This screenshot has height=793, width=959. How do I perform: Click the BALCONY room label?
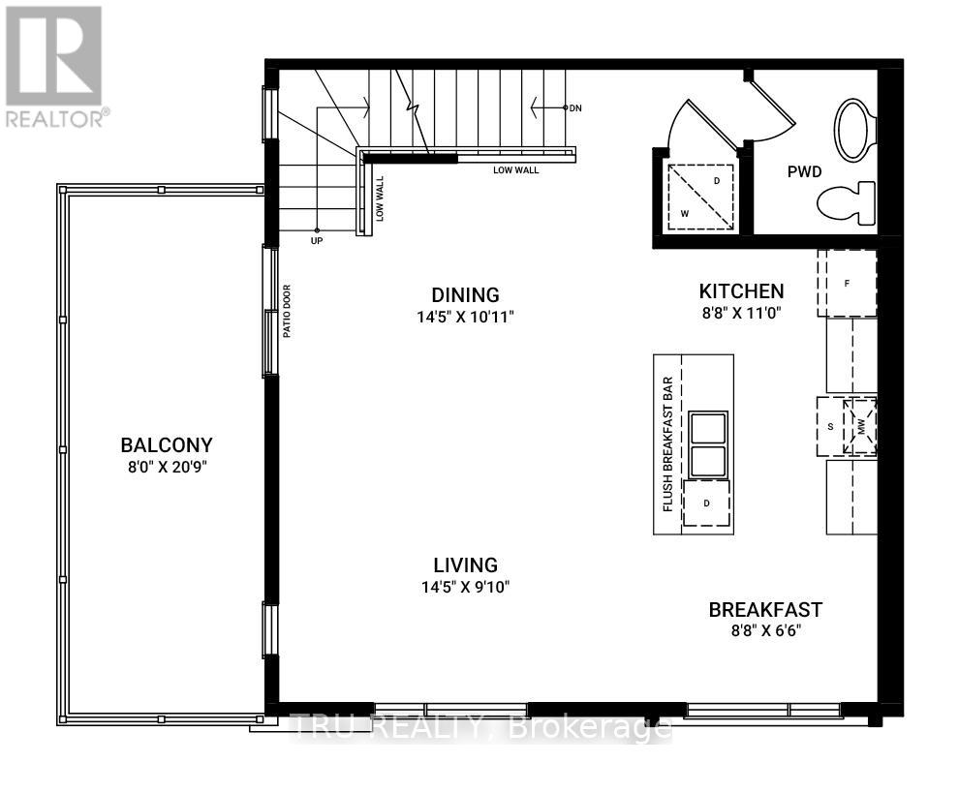click(x=166, y=445)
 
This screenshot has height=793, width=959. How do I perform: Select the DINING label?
click(x=465, y=295)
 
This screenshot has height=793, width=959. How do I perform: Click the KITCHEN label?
click(x=741, y=290)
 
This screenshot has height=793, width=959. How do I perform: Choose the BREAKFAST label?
click(x=765, y=610)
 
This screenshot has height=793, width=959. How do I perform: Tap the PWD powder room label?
click(x=804, y=172)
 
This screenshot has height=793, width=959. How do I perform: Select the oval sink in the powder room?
click(x=854, y=130)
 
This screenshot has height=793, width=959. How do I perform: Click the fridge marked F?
click(x=848, y=283)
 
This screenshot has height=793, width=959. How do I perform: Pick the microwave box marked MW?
click(x=859, y=426)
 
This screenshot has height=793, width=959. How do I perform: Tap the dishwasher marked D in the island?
click(x=707, y=503)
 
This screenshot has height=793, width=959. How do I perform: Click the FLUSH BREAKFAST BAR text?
click(x=667, y=443)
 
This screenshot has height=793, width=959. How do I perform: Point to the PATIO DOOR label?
click(x=287, y=310)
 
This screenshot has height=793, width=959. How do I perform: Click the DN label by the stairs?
click(x=575, y=107)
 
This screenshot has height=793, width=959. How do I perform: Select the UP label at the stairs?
click(x=316, y=240)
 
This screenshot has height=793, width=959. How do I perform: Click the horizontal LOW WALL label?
click(x=515, y=170)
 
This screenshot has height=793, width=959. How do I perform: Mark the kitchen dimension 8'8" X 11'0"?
click(x=741, y=313)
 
